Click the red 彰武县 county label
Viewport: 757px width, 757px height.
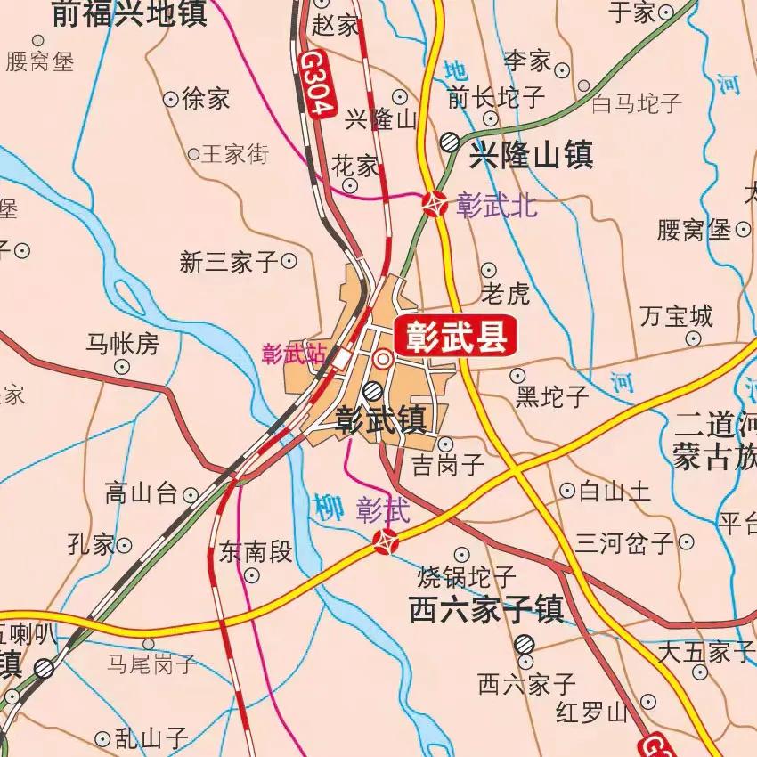[455, 336]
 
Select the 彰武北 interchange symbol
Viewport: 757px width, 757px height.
[435, 205]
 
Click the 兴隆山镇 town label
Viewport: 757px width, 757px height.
[531, 156]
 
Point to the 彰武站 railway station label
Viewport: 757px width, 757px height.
[293, 354]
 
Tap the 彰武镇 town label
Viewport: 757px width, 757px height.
[380, 420]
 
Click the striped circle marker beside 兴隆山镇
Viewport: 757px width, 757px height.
[451, 142]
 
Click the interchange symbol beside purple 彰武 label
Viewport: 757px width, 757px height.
[386, 540]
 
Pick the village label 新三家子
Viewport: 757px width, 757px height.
[229, 262]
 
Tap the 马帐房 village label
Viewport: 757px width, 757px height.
[122, 343]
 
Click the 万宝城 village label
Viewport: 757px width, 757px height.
[677, 316]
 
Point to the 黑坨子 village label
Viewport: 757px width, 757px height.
[552, 397]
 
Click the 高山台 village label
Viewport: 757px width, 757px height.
[141, 493]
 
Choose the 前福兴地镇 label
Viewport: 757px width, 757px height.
[128, 14]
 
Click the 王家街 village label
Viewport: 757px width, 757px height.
[234, 154]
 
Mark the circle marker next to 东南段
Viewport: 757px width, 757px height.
[252, 575]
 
